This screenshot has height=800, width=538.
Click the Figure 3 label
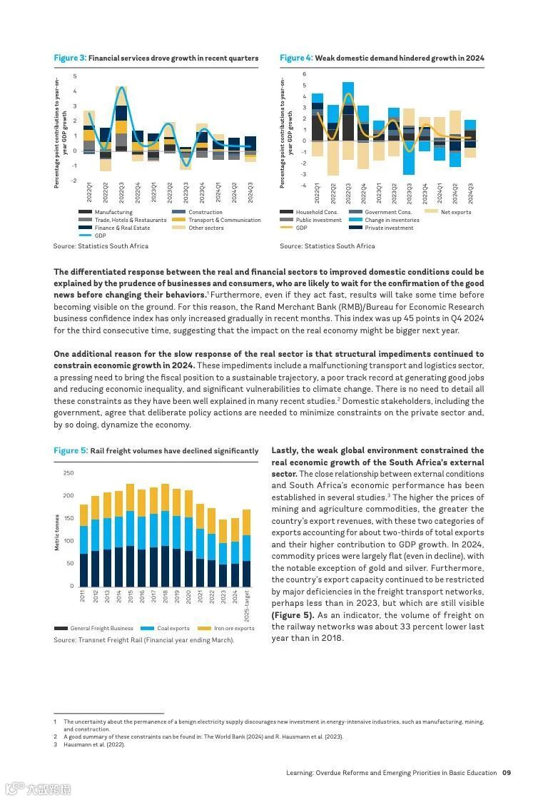(x=70, y=58)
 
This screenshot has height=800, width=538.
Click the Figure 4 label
(x=296, y=58)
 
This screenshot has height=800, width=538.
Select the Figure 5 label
(x=71, y=451)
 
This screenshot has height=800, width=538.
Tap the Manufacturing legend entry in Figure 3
(x=113, y=212)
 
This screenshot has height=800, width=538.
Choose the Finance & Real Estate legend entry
(x=122, y=228)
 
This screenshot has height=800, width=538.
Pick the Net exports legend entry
(x=455, y=212)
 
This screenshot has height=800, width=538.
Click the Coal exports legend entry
(x=173, y=628)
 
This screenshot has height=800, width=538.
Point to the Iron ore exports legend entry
(x=234, y=628)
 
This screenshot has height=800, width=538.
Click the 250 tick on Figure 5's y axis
(x=68, y=473)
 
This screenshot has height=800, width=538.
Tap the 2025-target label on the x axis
(x=247, y=605)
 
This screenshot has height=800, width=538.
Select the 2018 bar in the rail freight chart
(x=166, y=535)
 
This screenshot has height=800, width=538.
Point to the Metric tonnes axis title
(x=57, y=532)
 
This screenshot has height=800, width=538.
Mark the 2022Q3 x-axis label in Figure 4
(x=348, y=194)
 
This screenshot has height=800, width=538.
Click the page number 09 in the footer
(x=507, y=772)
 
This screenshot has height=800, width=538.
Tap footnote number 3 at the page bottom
(x=55, y=744)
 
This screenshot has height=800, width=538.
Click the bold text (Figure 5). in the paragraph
(x=293, y=615)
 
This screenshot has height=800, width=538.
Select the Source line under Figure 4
(x=327, y=246)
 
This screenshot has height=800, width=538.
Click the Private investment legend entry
(x=389, y=228)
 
